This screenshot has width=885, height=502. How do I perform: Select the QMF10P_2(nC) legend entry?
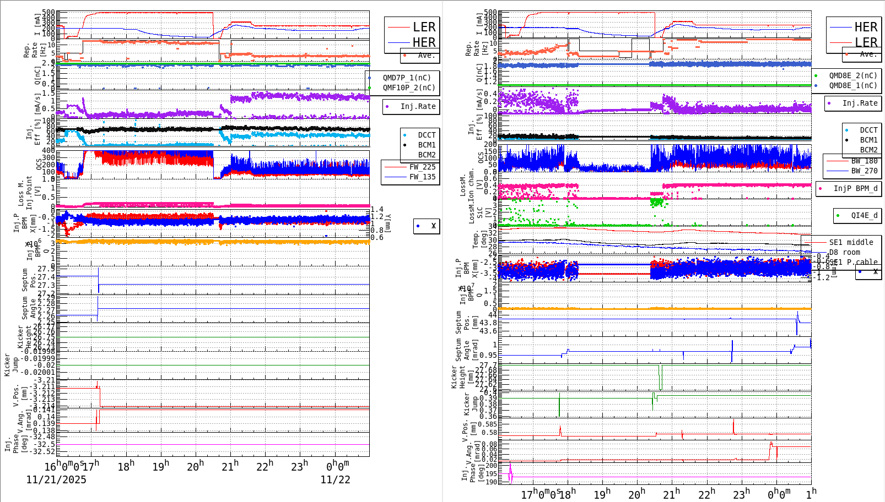tap(409, 88)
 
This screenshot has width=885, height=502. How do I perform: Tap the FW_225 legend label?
tap(422, 167)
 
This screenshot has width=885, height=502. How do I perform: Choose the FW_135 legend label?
tap(422, 177)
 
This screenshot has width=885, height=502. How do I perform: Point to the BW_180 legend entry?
tap(864, 161)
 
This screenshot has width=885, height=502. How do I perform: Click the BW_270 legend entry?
tap(864, 171)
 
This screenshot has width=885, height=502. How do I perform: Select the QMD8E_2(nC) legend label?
tap(853, 75)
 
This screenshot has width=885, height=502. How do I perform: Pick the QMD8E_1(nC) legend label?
tap(853, 85)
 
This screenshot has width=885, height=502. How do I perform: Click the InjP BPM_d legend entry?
tap(855, 188)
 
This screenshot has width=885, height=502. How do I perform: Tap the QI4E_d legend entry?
tap(864, 215)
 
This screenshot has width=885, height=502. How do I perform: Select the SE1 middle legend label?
tap(851, 242)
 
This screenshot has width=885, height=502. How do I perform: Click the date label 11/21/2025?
tap(56, 479)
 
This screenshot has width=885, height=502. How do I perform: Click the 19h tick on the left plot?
tap(161, 466)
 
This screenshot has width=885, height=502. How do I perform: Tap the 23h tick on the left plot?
tap(300, 466)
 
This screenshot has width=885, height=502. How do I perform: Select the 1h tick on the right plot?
tap(811, 493)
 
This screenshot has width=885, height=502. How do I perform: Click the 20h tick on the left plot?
tap(195, 466)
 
